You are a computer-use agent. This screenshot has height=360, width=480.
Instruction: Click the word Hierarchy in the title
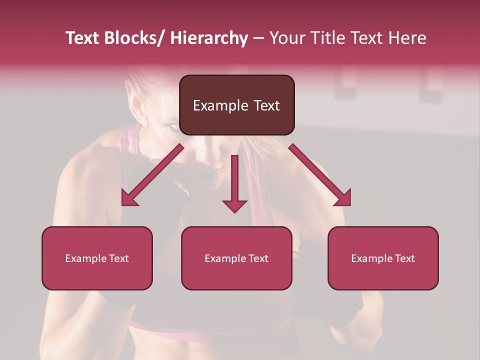coord(208,38)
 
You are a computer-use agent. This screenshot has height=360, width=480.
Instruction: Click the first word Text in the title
coord(82,38)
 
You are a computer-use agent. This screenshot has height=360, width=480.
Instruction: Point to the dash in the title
coord(258,39)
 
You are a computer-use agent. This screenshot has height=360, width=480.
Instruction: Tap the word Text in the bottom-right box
coord(404,258)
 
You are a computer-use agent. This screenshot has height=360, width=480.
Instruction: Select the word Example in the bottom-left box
coord(85,258)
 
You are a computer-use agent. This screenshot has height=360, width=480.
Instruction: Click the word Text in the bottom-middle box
coord(257,258)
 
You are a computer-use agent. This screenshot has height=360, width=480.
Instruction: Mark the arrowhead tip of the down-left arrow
coord(123,205)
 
